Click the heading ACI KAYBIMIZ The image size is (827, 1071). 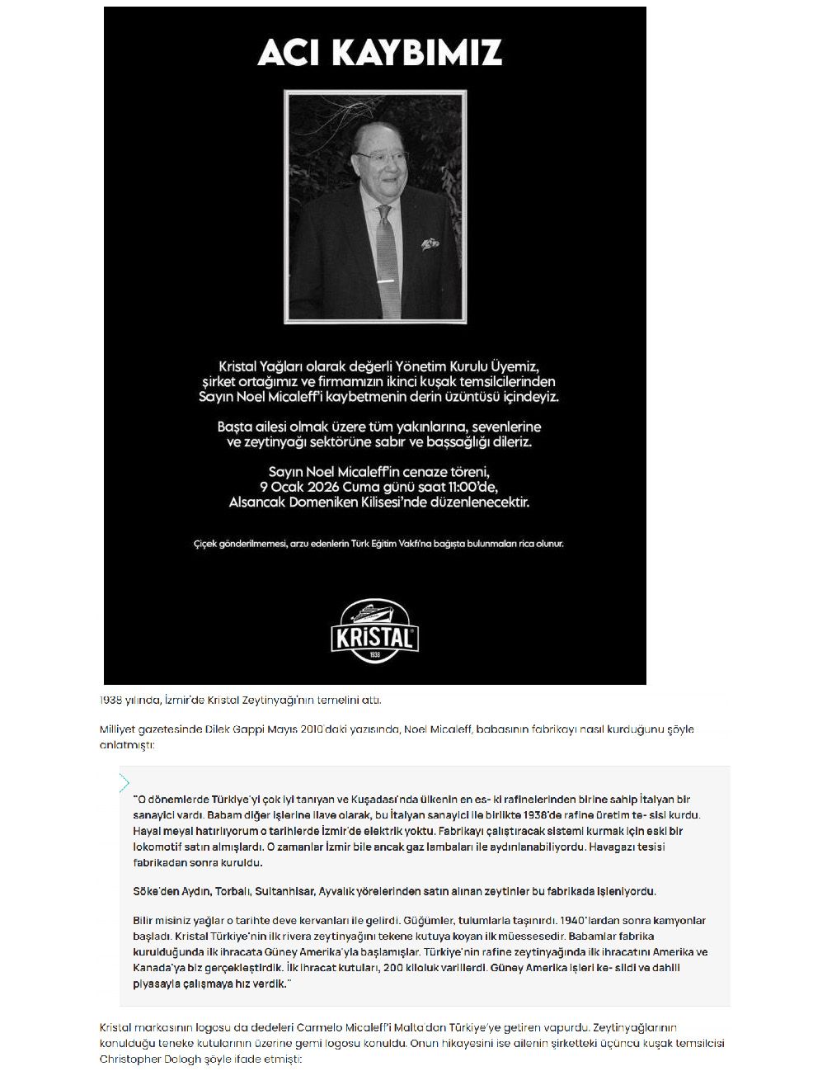[379, 53]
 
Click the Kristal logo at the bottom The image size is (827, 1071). [375, 632]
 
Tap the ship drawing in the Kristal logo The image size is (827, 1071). [375, 614]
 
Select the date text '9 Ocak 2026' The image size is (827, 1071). [305, 487]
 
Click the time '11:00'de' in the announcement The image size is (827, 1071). [471, 487]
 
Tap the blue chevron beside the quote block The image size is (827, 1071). [125, 783]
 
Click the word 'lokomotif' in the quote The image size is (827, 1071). [157, 847]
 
